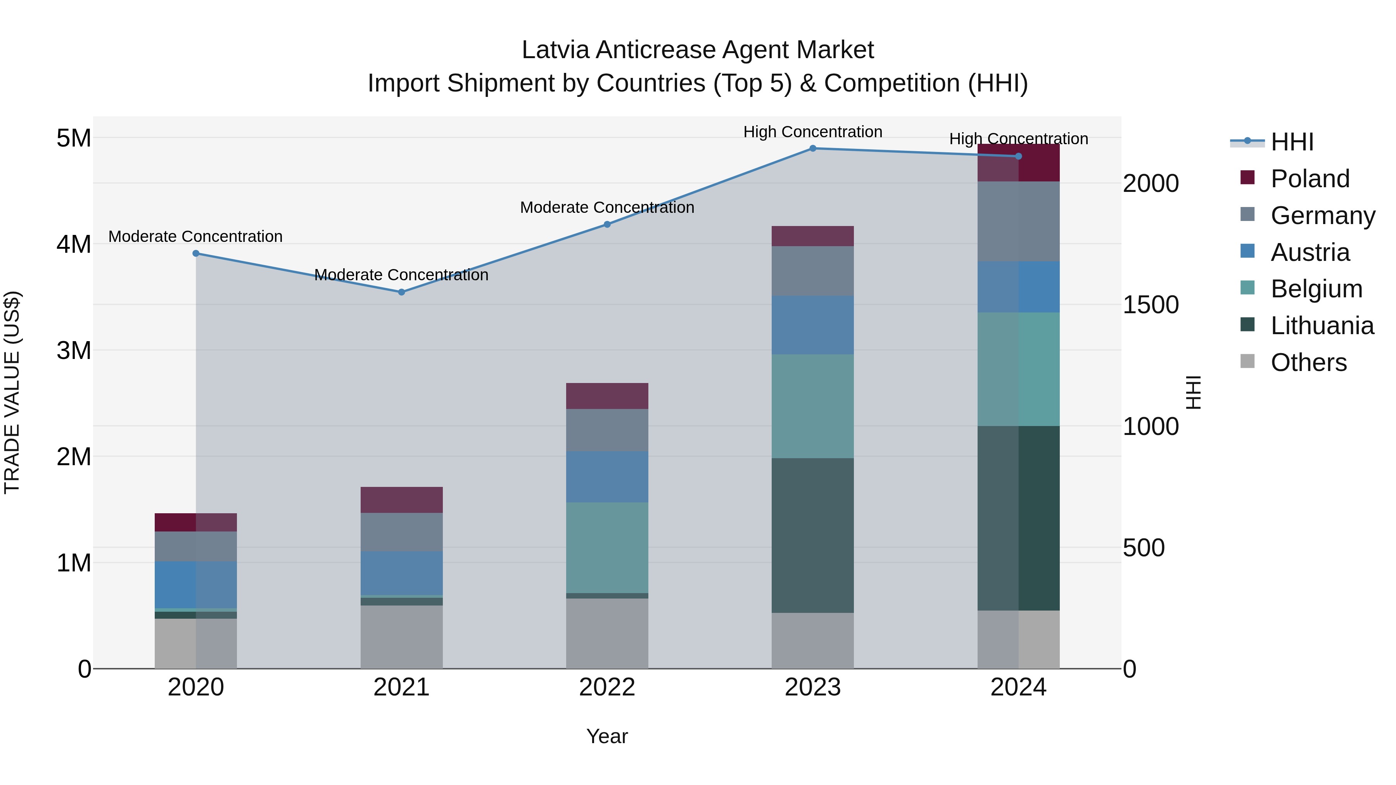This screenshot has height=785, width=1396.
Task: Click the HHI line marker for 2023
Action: [812, 148]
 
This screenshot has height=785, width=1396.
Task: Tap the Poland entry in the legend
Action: [1309, 179]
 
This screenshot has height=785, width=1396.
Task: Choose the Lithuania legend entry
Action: [1321, 326]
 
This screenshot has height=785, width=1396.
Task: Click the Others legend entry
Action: [1308, 362]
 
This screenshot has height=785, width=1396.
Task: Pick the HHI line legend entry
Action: [1291, 142]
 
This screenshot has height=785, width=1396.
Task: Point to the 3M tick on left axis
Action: [74, 350]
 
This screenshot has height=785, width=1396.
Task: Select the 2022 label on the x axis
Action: [607, 687]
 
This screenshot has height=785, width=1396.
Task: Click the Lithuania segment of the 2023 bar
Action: [812, 535]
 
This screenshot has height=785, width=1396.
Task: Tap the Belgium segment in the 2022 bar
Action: [607, 547]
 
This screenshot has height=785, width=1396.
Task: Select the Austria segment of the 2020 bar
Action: [196, 585]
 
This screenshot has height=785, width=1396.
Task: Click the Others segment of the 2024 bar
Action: [1018, 639]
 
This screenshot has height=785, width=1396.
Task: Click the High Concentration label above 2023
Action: [812, 132]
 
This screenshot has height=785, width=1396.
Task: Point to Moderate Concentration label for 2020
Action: [196, 237]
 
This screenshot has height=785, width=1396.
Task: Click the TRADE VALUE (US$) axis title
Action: [12, 392]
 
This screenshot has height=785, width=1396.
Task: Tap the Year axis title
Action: [607, 736]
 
